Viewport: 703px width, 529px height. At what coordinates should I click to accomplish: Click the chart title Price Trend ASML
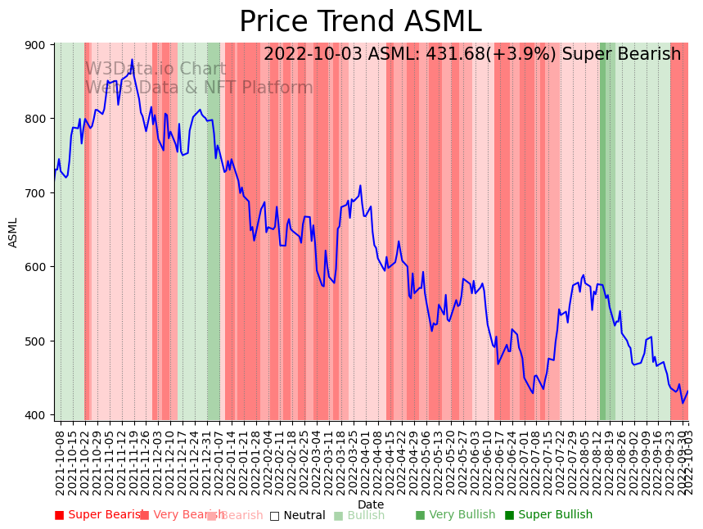click(x=360, y=22)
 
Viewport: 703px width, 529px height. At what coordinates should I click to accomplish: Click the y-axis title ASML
click(x=13, y=232)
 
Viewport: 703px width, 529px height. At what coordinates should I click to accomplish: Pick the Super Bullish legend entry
click(x=548, y=515)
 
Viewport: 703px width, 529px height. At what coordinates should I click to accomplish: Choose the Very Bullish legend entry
click(x=455, y=515)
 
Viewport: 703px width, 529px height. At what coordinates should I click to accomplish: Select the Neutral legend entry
click(x=297, y=516)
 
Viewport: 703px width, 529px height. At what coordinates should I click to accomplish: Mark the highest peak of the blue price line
click(x=132, y=60)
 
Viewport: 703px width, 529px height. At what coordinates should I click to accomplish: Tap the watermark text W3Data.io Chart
click(x=155, y=69)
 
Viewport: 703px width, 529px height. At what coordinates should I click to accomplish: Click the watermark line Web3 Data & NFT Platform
click(x=199, y=88)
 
